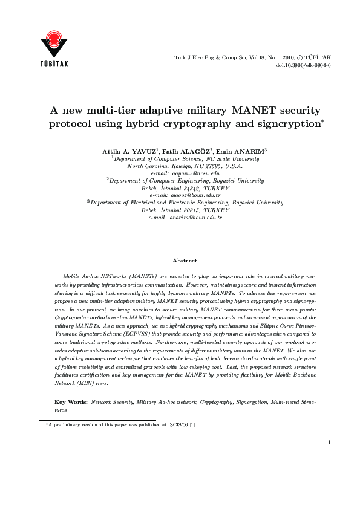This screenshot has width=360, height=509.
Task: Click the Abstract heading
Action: coord(185,261)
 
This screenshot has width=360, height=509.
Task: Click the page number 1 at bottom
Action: coord(329,459)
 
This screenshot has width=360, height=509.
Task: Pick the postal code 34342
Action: coord(194,187)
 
